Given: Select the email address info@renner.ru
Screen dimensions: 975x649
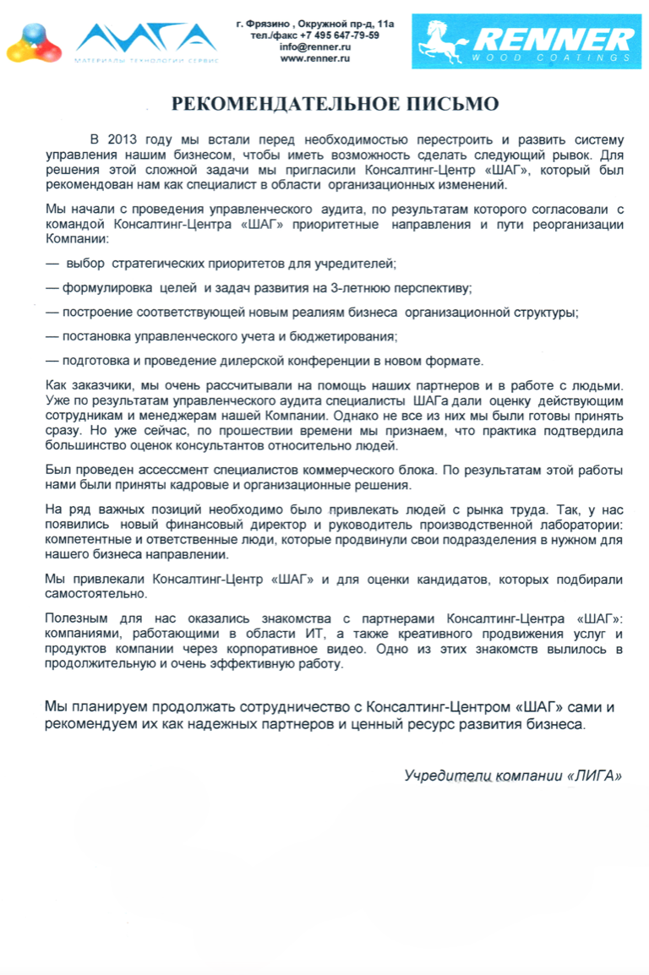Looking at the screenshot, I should click(315, 47).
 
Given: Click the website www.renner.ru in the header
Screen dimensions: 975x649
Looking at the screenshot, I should click(315, 59).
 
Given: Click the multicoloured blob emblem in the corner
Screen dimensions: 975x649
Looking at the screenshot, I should click(30, 44).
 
